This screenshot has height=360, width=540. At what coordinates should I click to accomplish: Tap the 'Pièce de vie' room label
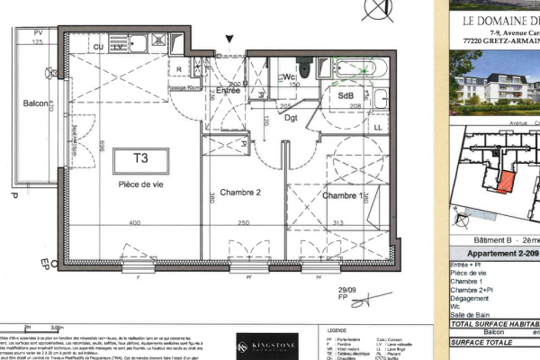140,184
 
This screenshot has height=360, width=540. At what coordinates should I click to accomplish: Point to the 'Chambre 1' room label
342,195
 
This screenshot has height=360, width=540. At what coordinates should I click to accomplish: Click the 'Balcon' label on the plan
35,103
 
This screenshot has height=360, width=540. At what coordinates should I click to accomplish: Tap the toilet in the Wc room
306,67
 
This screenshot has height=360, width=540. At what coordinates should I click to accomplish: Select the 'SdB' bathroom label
346,94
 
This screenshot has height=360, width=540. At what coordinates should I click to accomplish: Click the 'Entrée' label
228,90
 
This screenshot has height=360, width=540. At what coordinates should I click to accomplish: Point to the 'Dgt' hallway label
292,117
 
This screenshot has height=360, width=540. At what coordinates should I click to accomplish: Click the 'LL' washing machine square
377,127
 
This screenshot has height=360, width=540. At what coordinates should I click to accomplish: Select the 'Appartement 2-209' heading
499,255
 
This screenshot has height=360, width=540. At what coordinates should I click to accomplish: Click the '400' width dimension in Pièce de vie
134,223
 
